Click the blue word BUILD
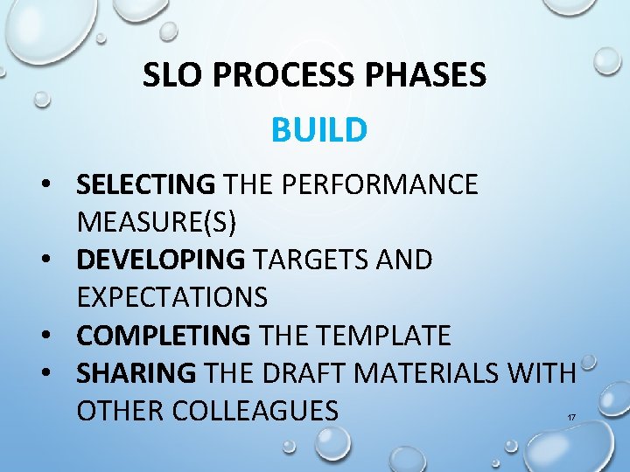318,130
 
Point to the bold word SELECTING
145,184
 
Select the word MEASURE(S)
156,222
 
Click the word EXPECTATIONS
171,297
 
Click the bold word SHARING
136,372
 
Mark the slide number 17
570,418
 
